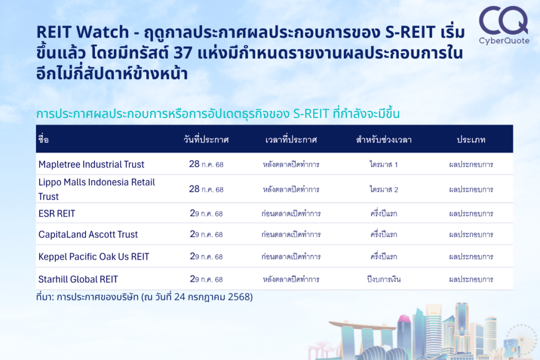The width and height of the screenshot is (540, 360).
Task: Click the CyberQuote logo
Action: point(504,25)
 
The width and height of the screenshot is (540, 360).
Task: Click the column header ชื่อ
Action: point(43,139)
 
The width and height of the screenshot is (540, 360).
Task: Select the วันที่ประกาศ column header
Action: point(206,139)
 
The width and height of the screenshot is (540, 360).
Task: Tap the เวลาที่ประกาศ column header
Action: point(291,139)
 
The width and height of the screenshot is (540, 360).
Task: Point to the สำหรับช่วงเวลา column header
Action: point(384,139)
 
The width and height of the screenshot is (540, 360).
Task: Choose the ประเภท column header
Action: point(471,139)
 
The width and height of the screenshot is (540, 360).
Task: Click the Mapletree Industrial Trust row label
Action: point(91,164)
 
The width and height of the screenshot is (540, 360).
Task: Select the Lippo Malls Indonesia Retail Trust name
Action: point(97,189)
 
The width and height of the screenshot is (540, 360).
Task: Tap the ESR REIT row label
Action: point(56,213)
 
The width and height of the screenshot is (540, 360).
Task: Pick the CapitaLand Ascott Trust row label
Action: point(88,235)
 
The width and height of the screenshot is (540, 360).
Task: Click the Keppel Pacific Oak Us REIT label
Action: point(94,257)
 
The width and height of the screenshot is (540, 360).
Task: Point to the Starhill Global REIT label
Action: point(78,279)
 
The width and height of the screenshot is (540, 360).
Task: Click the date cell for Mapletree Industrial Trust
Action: point(206,164)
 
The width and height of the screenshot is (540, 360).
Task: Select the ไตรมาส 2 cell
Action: point(384,189)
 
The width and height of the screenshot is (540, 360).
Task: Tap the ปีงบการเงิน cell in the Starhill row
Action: point(384,279)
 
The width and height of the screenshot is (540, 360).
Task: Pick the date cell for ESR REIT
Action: point(206,213)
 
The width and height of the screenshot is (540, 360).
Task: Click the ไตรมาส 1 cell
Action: point(384,164)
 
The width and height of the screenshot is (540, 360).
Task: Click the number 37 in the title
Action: point(183,53)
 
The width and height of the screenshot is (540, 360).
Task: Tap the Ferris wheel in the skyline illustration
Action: point(521,339)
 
